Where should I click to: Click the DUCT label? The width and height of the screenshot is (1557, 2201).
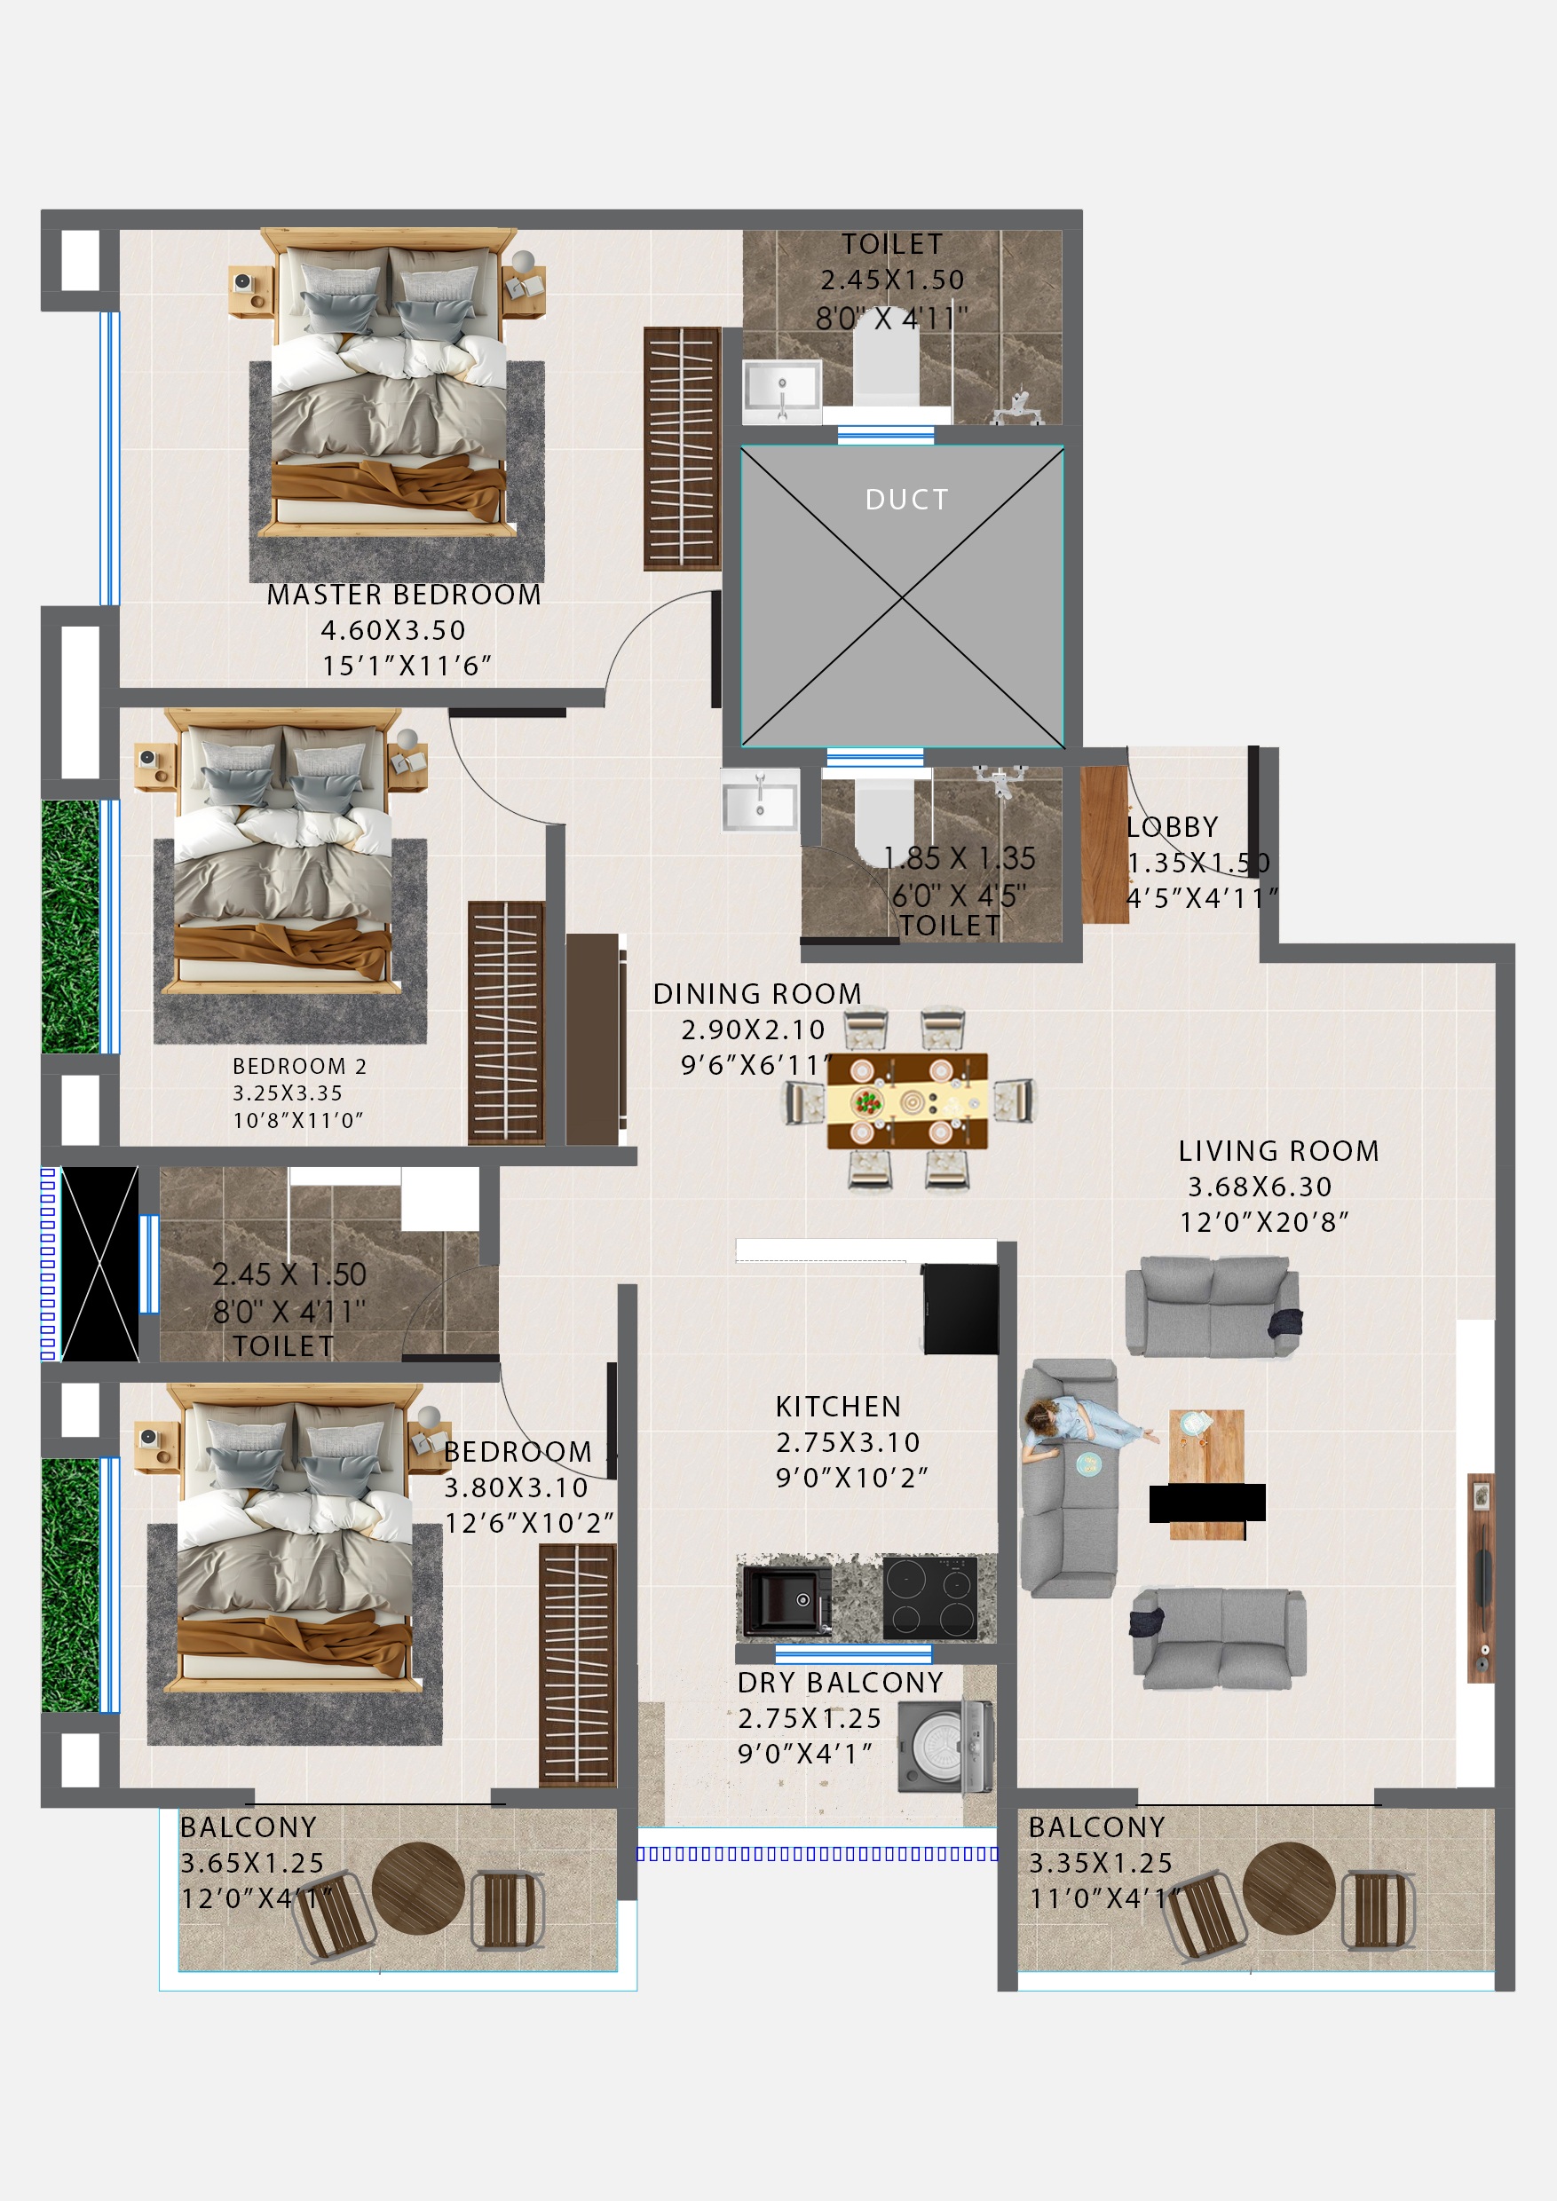pyautogui.click(x=906, y=500)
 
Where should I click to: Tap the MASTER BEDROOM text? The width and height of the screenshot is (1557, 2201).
pyautogui.click(x=404, y=596)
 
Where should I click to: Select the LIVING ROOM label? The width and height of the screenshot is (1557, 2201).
pyautogui.click(x=1278, y=1151)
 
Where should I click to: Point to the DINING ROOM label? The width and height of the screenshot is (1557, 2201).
pyautogui.click(x=757, y=994)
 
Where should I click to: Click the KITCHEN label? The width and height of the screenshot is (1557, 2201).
pyautogui.click(x=838, y=1407)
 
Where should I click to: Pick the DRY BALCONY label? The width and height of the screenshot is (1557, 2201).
pyautogui.click(x=840, y=1683)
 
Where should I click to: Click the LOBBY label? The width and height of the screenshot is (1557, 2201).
pyautogui.click(x=1172, y=827)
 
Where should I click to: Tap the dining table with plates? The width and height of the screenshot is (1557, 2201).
pyautogui.click(x=907, y=1101)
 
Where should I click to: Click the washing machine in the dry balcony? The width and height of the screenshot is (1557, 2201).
pyautogui.click(x=944, y=1747)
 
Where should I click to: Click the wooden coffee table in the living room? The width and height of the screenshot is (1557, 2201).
pyautogui.click(x=1206, y=1474)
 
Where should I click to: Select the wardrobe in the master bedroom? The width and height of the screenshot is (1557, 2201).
pyautogui.click(x=682, y=449)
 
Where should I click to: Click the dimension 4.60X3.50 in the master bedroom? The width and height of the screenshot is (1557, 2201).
pyautogui.click(x=393, y=631)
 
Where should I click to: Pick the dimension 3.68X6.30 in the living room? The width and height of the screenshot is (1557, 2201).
pyautogui.click(x=1260, y=1187)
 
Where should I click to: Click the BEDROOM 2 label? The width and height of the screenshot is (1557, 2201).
pyautogui.click(x=299, y=1066)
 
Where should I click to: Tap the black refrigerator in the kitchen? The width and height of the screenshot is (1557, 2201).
pyautogui.click(x=960, y=1308)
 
